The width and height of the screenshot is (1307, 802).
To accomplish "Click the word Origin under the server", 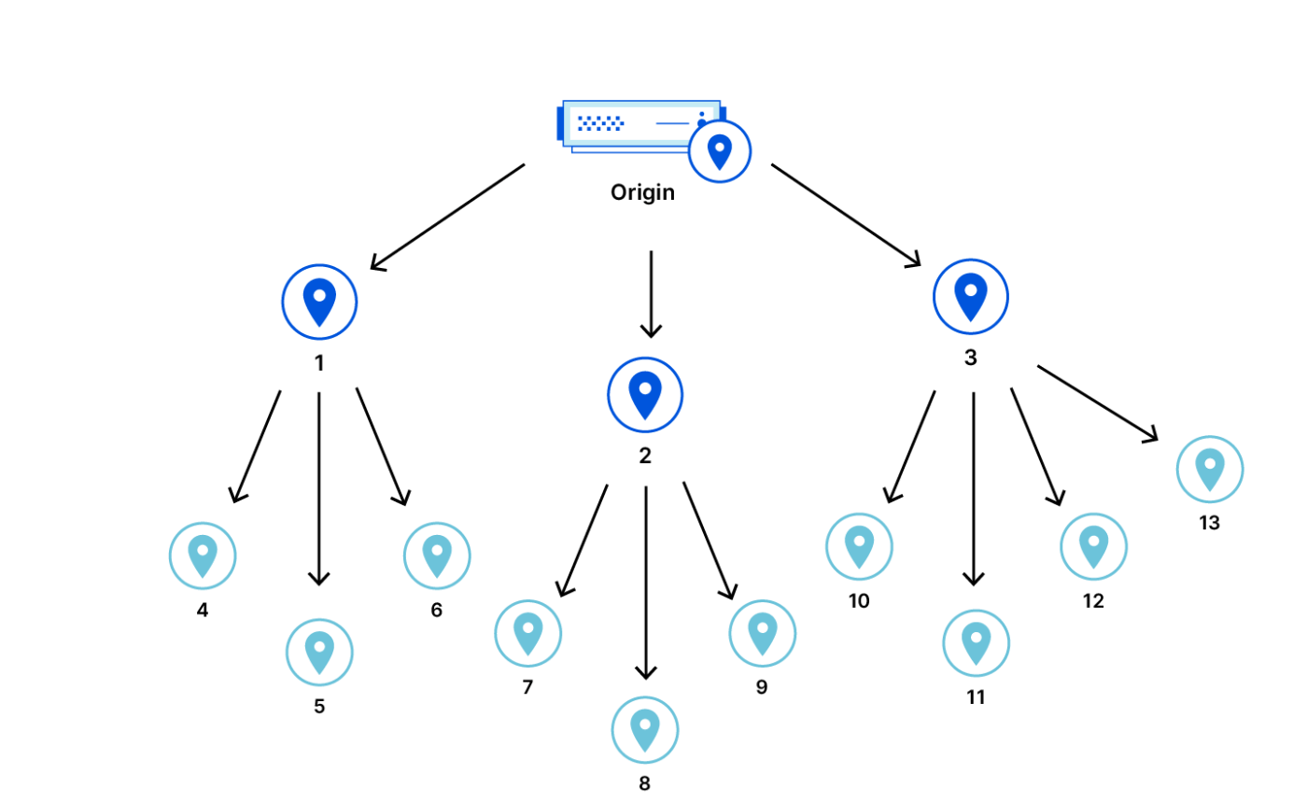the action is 642,192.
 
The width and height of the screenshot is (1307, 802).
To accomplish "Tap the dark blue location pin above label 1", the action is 319,303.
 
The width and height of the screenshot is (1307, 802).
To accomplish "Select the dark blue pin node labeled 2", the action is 645,395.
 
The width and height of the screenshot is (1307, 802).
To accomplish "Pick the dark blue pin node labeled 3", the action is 970,297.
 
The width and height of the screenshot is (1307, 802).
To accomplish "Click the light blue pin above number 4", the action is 203,556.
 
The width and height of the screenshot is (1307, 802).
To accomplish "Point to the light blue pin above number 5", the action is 319,652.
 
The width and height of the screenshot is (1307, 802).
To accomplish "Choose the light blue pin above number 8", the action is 645,729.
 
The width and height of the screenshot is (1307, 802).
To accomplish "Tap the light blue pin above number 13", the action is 1210,470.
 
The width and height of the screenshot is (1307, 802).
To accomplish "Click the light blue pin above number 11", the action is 977,643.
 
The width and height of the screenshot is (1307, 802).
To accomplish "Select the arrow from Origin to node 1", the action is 447,218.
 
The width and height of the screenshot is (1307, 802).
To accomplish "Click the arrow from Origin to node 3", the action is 846,216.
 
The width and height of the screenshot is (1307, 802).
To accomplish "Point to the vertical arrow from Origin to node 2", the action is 652,294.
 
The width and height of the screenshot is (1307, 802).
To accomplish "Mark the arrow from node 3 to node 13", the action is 1098,404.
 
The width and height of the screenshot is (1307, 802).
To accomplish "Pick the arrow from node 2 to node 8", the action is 646,584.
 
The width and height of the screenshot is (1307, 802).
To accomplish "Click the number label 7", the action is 527,687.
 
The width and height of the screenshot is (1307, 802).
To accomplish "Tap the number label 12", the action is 1093,600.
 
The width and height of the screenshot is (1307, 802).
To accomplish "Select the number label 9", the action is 762,687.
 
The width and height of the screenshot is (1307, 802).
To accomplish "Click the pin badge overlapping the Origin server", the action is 720,152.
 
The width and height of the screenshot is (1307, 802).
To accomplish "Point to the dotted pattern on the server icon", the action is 600,123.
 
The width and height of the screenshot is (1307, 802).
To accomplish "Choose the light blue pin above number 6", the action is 437,556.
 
